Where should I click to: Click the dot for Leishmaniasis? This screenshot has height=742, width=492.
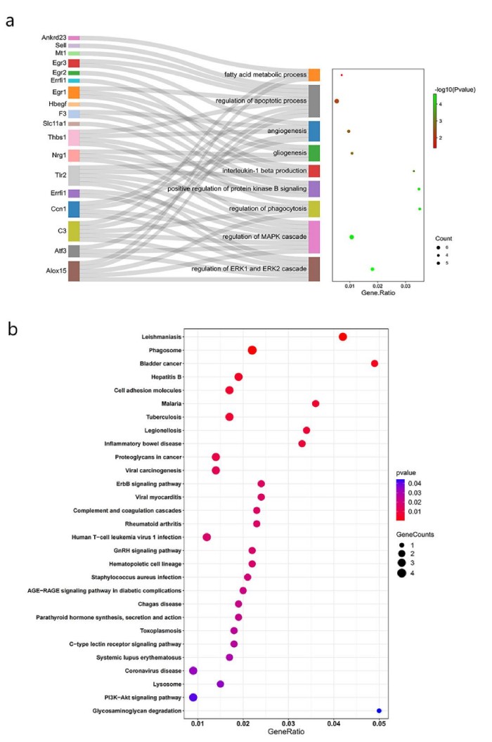(343, 337)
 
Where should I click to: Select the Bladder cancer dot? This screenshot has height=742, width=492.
(375, 363)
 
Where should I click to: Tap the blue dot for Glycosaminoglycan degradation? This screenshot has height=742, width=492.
(380, 712)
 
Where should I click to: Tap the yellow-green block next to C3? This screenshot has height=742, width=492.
(74, 231)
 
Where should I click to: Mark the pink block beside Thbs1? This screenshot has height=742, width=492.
(74, 138)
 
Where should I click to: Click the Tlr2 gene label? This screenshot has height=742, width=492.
(58, 176)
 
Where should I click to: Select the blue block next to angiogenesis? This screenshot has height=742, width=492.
(314, 131)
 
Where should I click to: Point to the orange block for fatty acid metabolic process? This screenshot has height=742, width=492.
(314, 74)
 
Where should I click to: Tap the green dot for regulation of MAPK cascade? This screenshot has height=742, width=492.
(351, 237)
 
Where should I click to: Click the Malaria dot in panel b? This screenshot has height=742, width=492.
(316, 403)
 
